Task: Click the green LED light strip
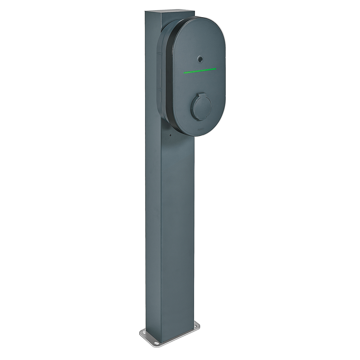tap(200, 70)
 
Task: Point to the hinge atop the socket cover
tap(201, 94)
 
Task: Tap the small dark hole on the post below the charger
tap(170, 136)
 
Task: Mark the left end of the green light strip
tap(184, 72)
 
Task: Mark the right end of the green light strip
tap(216, 68)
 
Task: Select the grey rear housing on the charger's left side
tap(161, 72)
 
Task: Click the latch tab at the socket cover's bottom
tap(199, 118)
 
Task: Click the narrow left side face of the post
tap(152, 216)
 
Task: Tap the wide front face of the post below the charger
tap(176, 234)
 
